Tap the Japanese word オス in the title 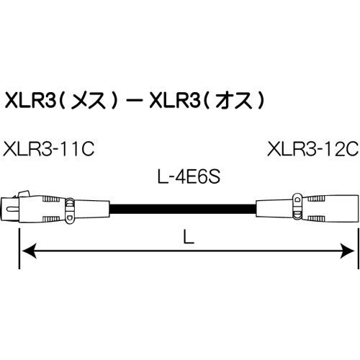233,99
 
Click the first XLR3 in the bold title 29,99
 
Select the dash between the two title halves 132,99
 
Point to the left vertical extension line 17,223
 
